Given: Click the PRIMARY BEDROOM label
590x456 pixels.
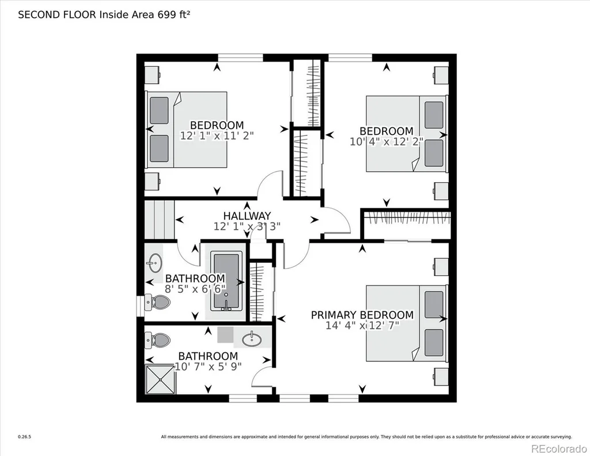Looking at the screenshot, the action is point(362,315).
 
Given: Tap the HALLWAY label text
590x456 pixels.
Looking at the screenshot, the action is point(247,216).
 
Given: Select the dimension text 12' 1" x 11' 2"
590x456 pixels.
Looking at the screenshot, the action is point(217,135).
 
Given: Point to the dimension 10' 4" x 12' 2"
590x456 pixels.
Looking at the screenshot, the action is point(387,142).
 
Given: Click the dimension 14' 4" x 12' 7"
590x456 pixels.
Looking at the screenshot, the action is point(362,325).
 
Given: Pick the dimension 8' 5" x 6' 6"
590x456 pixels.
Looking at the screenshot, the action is point(195,289).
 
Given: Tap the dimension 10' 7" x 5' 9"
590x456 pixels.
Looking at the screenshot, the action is point(208,367).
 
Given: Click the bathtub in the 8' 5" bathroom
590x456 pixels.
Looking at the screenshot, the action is point(226,282).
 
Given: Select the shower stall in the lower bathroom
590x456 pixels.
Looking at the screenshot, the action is point(160,379).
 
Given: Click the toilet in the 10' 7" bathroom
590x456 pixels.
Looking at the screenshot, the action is point(158,340).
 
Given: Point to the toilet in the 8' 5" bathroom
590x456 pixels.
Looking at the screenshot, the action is point(158,302).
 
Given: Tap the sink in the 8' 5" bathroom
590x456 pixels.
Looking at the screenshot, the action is point(154,262).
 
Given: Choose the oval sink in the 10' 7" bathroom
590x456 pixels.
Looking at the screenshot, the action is point(252,340).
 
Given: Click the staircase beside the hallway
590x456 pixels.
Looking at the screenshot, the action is point(160,220).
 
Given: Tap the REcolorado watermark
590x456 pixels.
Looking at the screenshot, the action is point(559,449).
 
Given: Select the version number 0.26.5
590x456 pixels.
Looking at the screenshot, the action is point(24,437).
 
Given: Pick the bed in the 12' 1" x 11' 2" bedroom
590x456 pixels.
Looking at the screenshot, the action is point(186,130).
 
